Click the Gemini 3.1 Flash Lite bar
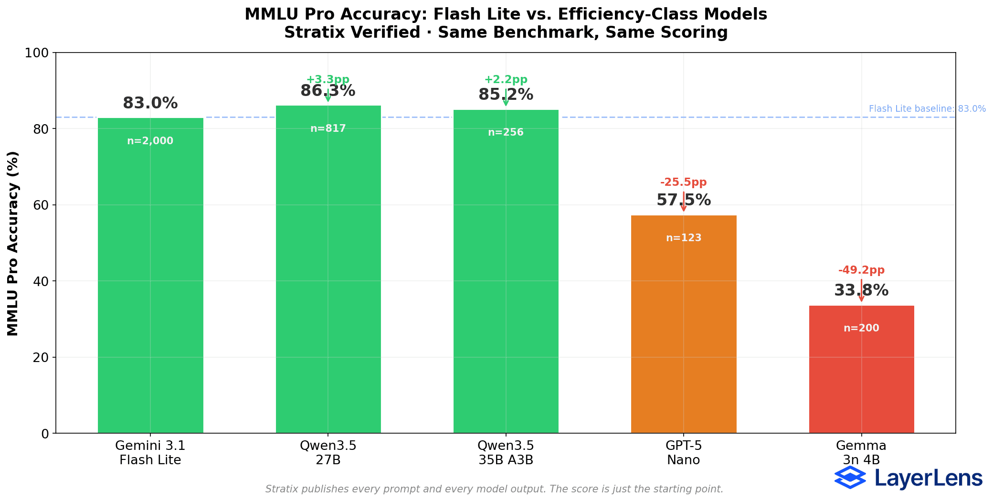pos(150,287)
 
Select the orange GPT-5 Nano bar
pos(684,334)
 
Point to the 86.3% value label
pos(328,91)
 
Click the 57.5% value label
pos(684,200)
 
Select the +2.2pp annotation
pos(506,80)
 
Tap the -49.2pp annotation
pos(861,270)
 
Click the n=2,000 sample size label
pos(150,141)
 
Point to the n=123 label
pos(684,238)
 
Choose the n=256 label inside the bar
pos(506,132)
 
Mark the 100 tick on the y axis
pos(37,53)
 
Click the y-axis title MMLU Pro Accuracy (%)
pos(13,244)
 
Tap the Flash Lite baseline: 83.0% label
pos(927,109)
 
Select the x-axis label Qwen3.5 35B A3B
pos(506,453)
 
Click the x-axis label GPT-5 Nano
pos(684,453)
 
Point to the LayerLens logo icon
pos(850,477)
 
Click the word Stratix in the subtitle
pos(310,32)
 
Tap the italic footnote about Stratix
pos(494,489)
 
